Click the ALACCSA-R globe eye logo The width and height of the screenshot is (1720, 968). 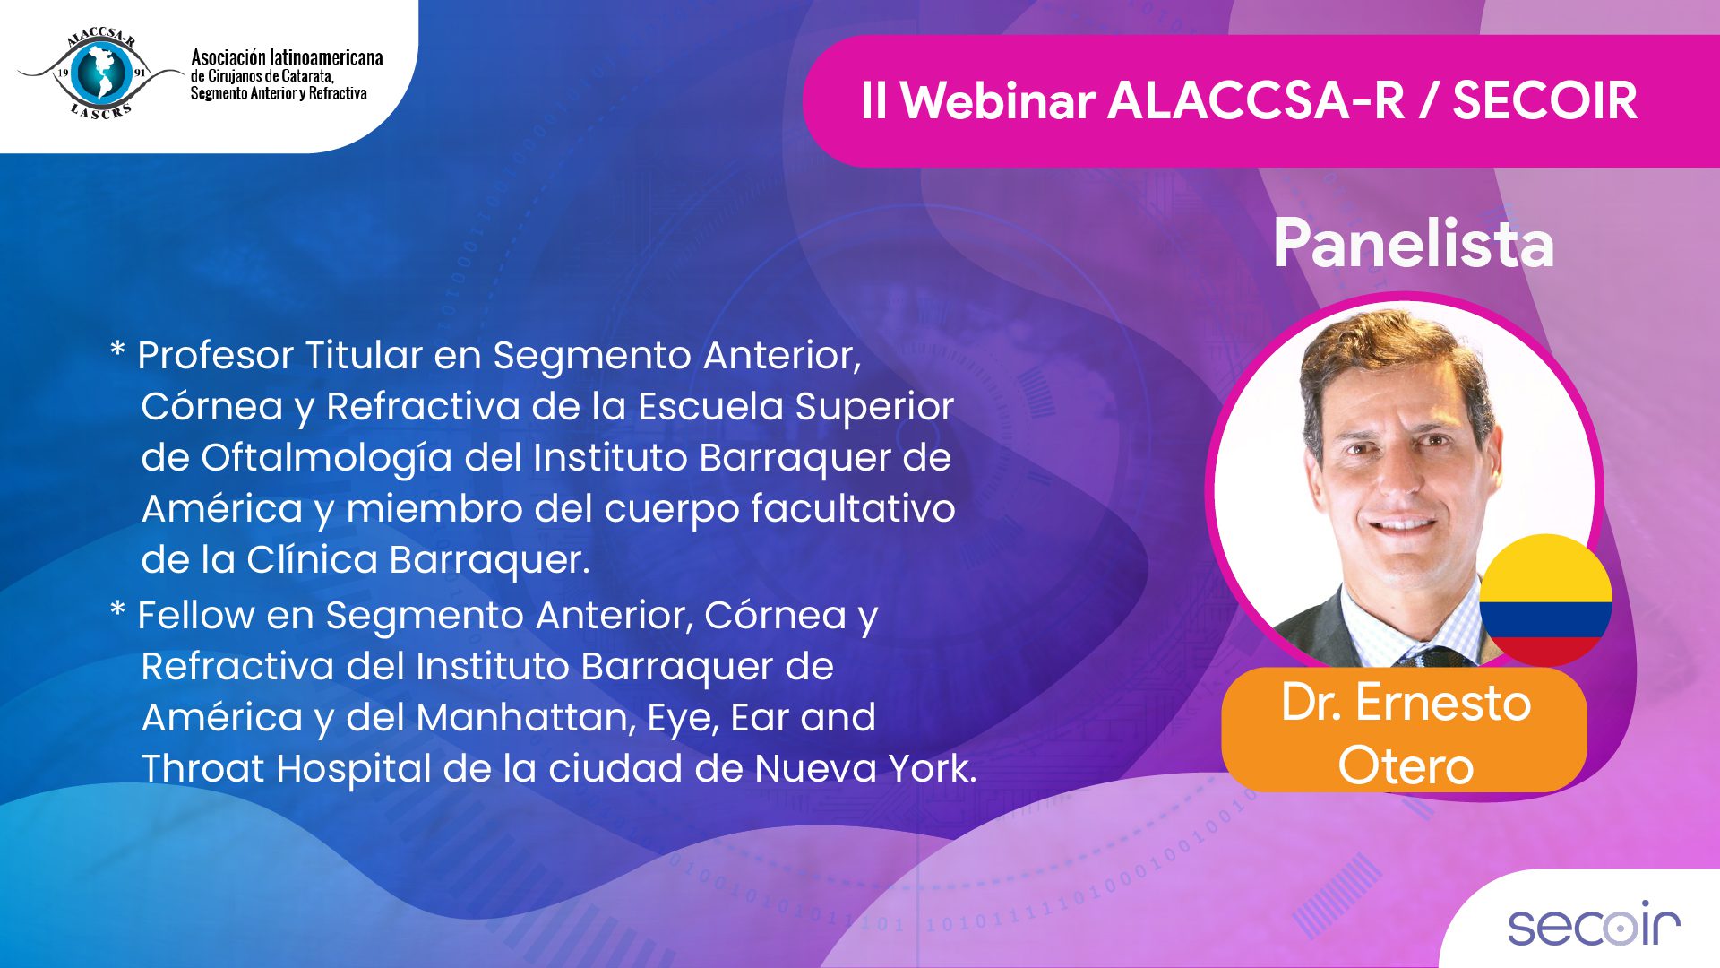100,73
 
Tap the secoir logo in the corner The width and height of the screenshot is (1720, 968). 1594,924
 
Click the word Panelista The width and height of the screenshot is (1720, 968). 1414,243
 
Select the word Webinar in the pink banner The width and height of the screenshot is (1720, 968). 998,100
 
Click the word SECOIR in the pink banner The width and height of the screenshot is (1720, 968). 1545,100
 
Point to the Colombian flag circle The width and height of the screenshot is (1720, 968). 1545,600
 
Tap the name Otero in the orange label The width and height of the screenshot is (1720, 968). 1406,766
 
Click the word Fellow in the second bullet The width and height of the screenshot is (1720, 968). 195,616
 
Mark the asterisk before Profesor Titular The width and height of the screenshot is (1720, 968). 117,350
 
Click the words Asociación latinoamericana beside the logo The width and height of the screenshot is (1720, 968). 287,57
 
